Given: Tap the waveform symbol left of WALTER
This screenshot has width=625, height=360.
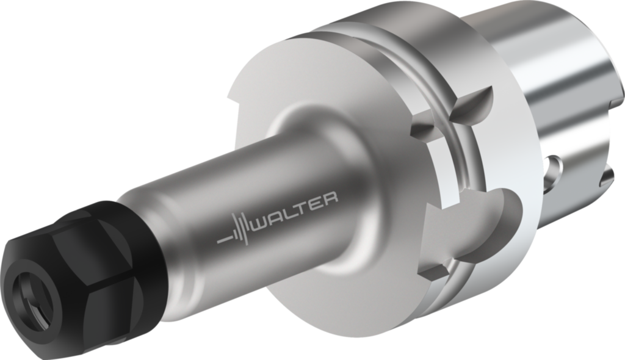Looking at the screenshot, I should coord(236,231).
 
